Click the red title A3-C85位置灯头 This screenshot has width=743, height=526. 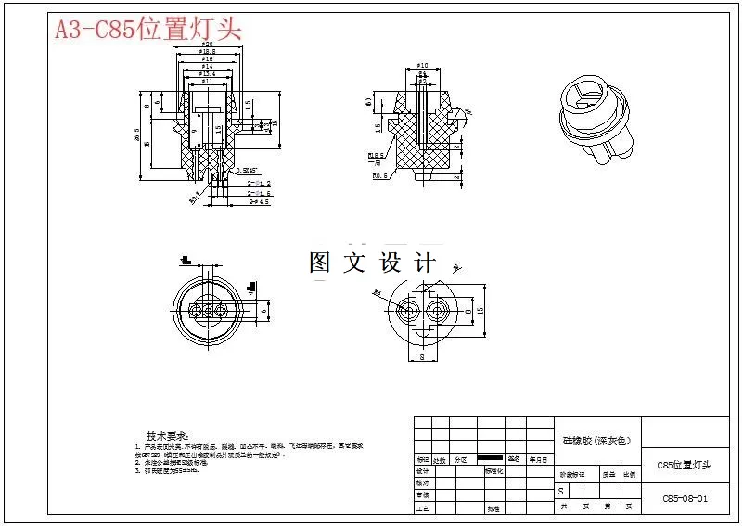[148, 29]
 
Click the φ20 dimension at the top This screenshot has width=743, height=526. [208, 44]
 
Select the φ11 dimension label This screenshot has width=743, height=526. [208, 82]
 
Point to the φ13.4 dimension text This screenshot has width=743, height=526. [208, 74]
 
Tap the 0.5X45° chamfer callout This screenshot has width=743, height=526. [248, 171]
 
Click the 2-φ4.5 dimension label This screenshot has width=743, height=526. [259, 201]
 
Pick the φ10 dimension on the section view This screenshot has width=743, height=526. [422, 66]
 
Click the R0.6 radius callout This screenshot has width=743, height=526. [377, 175]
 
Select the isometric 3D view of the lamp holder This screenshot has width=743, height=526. [595, 121]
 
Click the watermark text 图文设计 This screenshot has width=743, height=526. [371, 263]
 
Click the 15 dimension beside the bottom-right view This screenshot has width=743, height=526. [481, 311]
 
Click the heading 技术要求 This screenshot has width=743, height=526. [167, 436]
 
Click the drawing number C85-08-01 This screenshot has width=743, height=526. [685, 498]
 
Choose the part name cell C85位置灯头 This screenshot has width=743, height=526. [684, 465]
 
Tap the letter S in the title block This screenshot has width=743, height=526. [560, 490]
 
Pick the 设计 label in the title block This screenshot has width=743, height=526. [423, 471]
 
